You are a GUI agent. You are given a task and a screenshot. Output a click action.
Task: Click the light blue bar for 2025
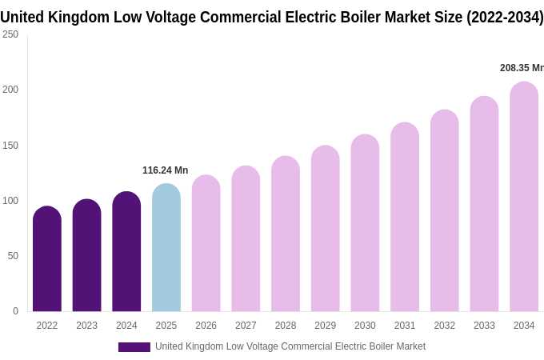click(x=166, y=248)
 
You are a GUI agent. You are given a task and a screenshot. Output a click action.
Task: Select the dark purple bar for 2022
click(x=47, y=259)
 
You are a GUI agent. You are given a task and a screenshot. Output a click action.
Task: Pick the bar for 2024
click(x=126, y=252)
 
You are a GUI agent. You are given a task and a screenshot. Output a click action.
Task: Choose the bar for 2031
click(x=405, y=217)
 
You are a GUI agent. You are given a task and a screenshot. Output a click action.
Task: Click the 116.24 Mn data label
click(x=165, y=170)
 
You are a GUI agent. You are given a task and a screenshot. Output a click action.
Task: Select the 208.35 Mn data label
click(x=522, y=68)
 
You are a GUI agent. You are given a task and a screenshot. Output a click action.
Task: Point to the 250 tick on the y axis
click(x=10, y=34)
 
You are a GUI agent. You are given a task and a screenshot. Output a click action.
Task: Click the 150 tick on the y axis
click(x=10, y=145)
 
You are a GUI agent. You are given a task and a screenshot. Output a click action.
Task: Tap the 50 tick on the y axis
click(x=13, y=256)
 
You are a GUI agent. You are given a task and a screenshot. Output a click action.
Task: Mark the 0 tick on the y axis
click(x=15, y=311)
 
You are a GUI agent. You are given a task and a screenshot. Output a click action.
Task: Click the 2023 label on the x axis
click(x=86, y=326)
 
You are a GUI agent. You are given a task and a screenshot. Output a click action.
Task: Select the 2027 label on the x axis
click(x=246, y=326)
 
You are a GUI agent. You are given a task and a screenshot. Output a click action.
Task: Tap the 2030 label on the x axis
click(x=365, y=326)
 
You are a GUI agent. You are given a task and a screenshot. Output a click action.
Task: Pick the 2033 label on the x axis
click(x=484, y=326)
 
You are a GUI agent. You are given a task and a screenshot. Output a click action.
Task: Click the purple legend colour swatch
click(x=134, y=347)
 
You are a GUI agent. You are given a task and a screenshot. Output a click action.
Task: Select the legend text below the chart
click(x=290, y=346)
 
